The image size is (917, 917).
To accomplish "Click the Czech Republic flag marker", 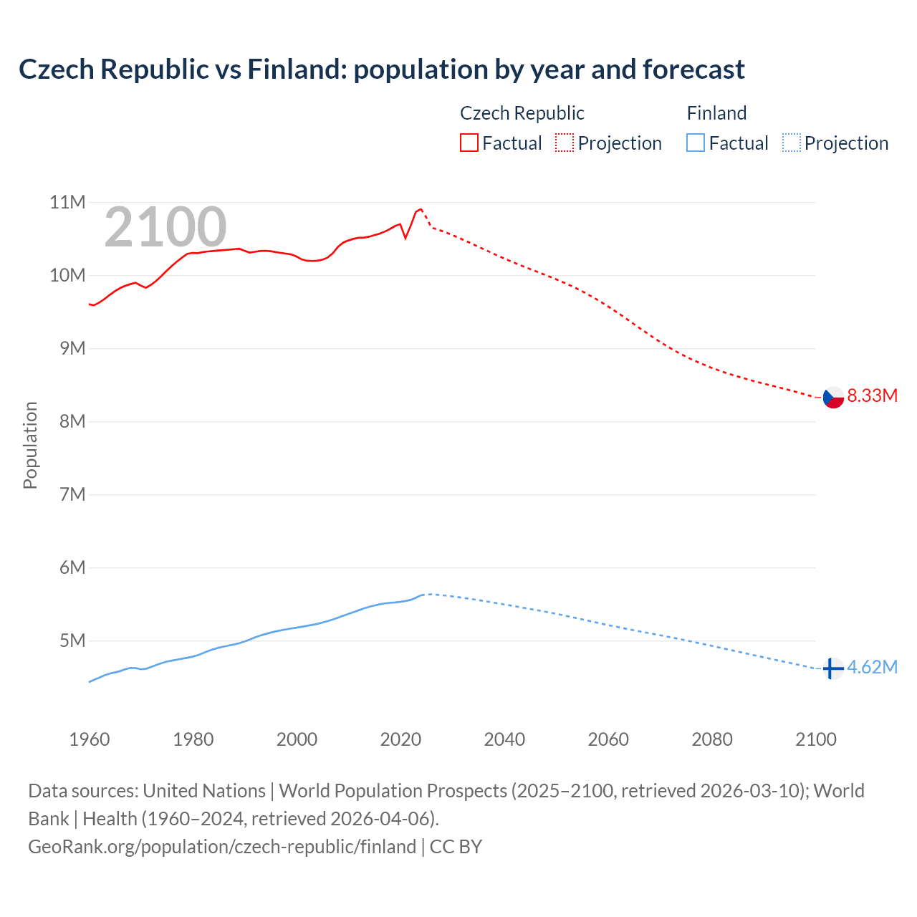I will [x=833, y=397].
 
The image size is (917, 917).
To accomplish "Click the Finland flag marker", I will [x=832, y=668].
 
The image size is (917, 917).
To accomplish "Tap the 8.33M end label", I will [x=872, y=396].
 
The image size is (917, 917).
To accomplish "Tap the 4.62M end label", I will [x=872, y=668].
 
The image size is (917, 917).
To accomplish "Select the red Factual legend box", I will [x=469, y=143].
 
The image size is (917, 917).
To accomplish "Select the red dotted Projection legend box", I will [x=565, y=143].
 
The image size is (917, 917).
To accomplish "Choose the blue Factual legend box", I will [x=695, y=143].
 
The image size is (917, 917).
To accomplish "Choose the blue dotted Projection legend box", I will [x=792, y=143].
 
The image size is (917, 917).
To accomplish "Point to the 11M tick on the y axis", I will [x=67, y=203].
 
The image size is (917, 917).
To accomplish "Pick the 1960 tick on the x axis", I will [x=90, y=739].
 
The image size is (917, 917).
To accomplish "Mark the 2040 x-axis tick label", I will [x=504, y=739].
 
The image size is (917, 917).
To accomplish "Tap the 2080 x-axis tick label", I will [x=712, y=739].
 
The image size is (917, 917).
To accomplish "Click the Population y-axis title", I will [x=30, y=446].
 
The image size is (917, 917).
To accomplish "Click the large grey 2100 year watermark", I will [x=165, y=228].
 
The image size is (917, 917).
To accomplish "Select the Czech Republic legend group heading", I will [x=522, y=113].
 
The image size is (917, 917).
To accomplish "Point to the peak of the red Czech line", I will [x=421, y=209].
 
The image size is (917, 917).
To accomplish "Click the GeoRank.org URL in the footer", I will [x=222, y=847].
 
